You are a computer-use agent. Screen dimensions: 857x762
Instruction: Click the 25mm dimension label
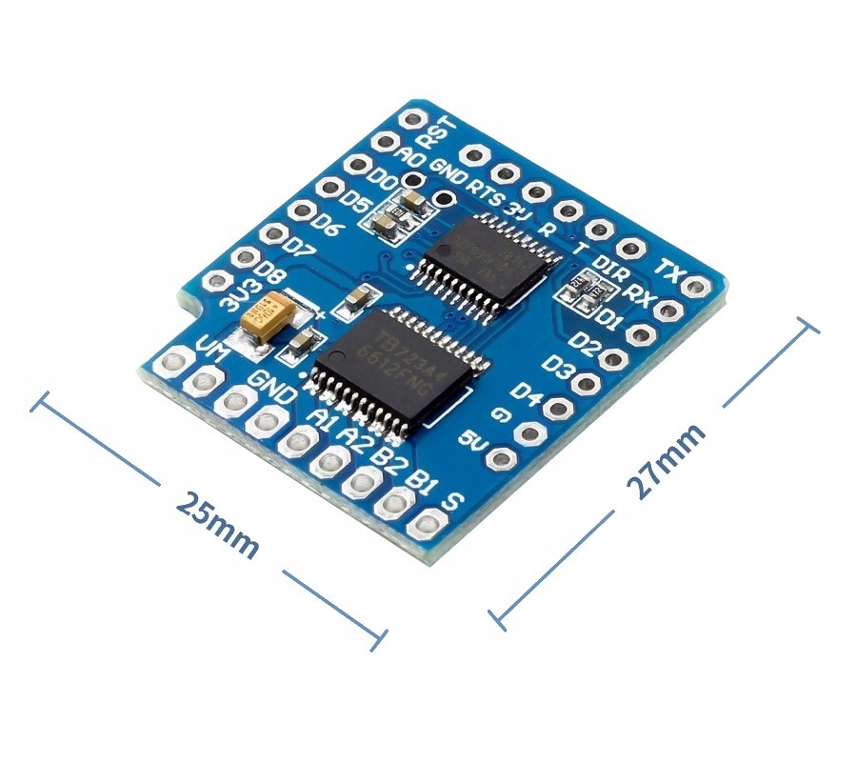pyautogui.click(x=217, y=526)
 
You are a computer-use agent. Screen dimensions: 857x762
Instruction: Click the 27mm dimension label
pyautogui.click(x=667, y=461)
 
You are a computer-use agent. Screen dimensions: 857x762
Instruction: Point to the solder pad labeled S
pyautogui.click(x=426, y=524)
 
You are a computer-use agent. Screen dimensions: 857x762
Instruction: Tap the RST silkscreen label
pyautogui.click(x=440, y=130)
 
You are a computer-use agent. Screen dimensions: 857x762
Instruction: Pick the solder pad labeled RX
pyautogui.click(x=668, y=310)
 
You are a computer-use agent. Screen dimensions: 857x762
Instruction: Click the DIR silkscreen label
pyautogui.click(x=610, y=267)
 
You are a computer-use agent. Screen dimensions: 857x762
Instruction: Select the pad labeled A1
pyautogui.click(x=300, y=439)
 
